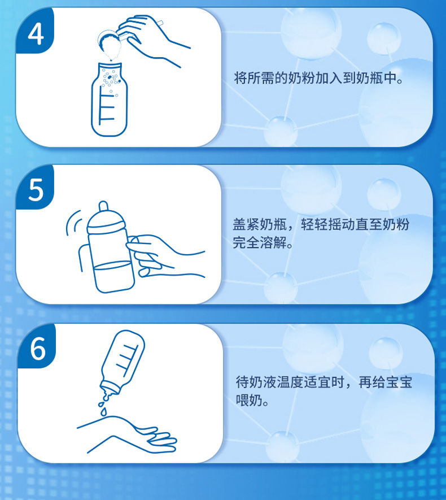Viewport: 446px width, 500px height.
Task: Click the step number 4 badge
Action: (35, 31)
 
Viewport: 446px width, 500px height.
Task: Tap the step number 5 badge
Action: (35, 188)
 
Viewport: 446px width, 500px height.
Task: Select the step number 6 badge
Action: (37, 347)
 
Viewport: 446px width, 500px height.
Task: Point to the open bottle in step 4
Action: (110, 99)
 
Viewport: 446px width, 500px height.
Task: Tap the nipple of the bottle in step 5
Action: (104, 207)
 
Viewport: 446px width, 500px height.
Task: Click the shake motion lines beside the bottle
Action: (73, 223)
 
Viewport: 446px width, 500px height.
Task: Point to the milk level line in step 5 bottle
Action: (112, 266)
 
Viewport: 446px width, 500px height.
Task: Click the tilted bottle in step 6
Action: (123, 362)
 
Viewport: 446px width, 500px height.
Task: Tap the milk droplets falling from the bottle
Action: (104, 405)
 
